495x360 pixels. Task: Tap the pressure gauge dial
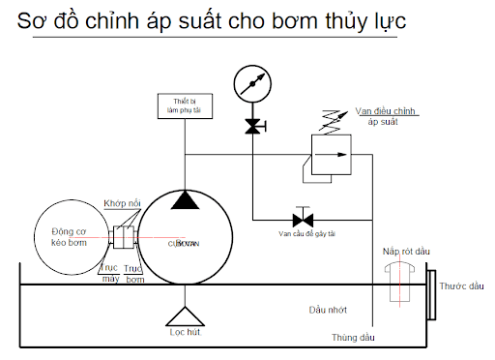(251, 81)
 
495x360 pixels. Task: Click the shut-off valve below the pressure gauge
(251, 126)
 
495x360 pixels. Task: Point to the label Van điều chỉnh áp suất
(388, 117)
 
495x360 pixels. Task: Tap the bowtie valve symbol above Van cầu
(300, 217)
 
